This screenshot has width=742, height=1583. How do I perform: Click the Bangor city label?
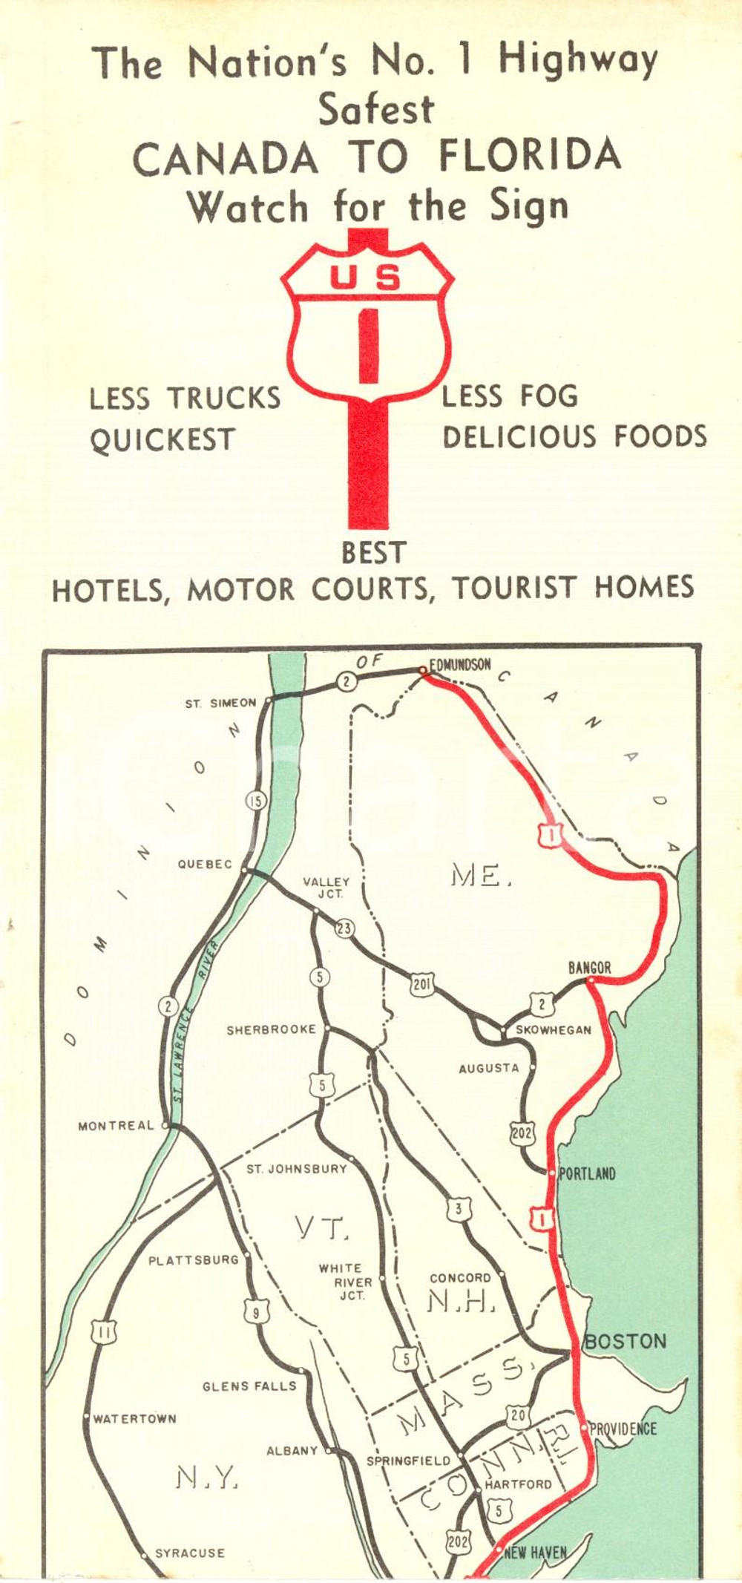click(x=590, y=968)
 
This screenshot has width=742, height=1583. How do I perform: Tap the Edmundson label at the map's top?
click(x=461, y=664)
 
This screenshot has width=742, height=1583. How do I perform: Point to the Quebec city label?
click(x=204, y=864)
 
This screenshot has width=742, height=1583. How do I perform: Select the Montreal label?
click(x=116, y=1126)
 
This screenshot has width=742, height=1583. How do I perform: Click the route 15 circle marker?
click(x=256, y=801)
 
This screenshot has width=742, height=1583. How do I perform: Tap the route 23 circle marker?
click(x=344, y=928)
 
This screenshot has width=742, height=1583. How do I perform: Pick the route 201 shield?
click(x=422, y=985)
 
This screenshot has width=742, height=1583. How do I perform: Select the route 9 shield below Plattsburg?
click(x=256, y=1313)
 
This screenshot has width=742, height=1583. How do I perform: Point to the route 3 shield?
click(x=459, y=1209)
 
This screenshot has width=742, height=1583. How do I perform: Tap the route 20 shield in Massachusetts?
click(x=518, y=1416)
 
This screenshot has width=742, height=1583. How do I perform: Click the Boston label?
click(x=626, y=1341)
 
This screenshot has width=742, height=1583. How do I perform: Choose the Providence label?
click(x=623, y=1429)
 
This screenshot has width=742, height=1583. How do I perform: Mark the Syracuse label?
click(x=189, y=1553)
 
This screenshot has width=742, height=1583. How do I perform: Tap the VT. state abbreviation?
click(x=321, y=1228)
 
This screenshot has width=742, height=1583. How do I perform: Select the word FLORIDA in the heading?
click(x=530, y=157)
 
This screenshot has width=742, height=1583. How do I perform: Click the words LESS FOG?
click(x=510, y=396)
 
